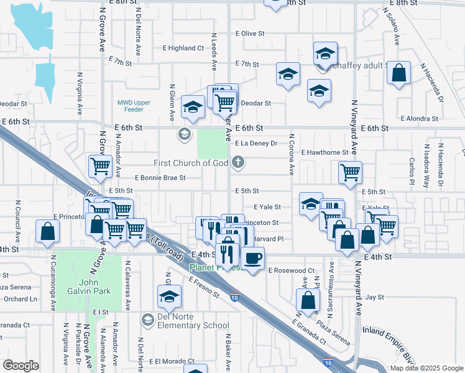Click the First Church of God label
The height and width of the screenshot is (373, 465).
(191, 163)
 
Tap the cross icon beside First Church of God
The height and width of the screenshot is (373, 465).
(237, 163)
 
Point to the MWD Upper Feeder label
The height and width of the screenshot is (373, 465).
(131, 106)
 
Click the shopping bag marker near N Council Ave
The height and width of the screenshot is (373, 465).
(47, 231)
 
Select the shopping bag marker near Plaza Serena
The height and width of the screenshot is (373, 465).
(309, 301)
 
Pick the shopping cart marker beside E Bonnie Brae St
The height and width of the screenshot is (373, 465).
(101, 166)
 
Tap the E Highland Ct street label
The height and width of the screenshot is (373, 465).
(183, 48)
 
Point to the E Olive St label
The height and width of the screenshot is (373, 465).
(250, 34)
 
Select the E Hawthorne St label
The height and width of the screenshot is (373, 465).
(325, 152)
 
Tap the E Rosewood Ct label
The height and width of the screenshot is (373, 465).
(291, 271)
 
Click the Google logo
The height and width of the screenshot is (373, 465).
(21, 365)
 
